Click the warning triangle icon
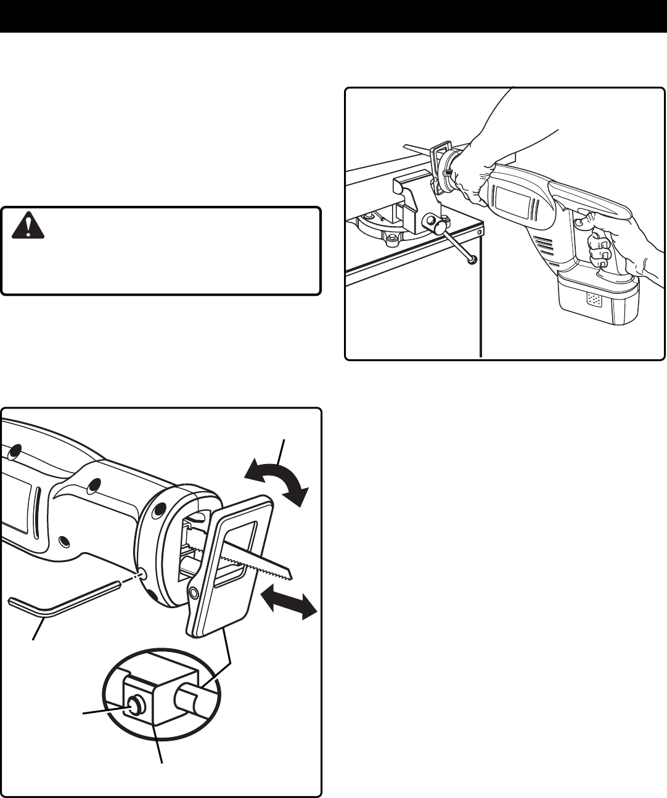(x=28, y=226)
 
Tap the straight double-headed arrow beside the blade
(x=288, y=598)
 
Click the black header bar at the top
(x=333, y=16)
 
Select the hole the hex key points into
(x=142, y=574)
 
